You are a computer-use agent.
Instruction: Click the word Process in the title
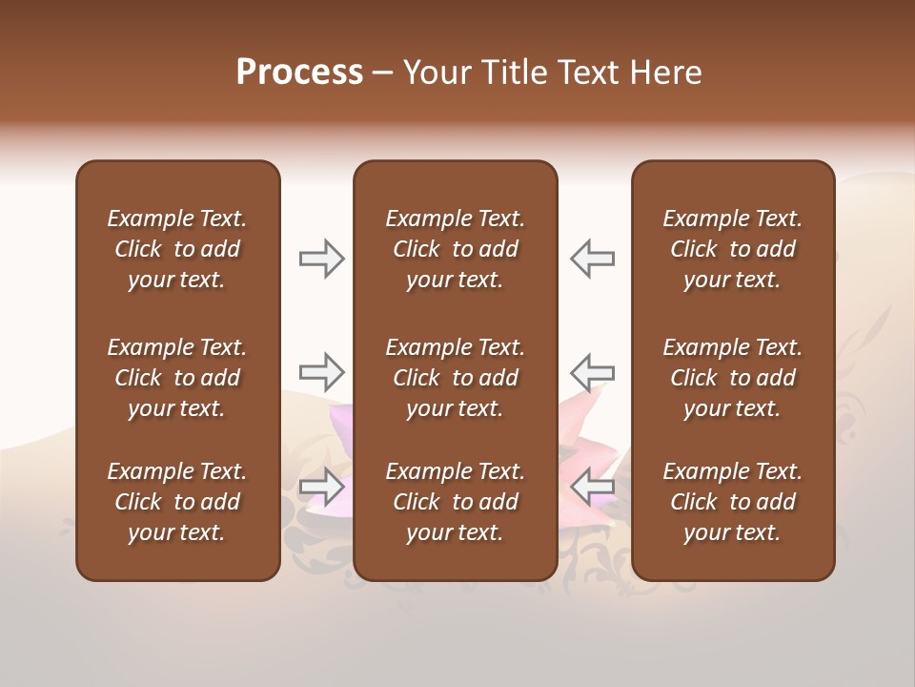[x=299, y=73]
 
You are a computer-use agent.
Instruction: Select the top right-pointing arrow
[x=322, y=259]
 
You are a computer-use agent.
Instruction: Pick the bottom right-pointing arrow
[x=322, y=487]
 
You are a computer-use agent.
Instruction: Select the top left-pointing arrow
[x=592, y=259]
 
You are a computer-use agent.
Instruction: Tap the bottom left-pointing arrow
[x=592, y=487]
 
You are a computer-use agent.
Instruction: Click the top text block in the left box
[x=177, y=249]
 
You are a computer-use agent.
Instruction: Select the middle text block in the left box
[x=177, y=378]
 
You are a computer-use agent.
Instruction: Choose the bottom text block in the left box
[x=177, y=502]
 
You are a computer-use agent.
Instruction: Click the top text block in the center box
[x=455, y=249]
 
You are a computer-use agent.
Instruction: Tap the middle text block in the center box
[x=455, y=378]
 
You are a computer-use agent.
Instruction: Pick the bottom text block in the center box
[x=455, y=502]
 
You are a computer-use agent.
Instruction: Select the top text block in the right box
[x=732, y=249]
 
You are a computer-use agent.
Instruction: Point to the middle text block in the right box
[x=732, y=378]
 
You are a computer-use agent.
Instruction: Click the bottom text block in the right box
[x=732, y=502]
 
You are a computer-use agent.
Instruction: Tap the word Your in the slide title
[x=436, y=73]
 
